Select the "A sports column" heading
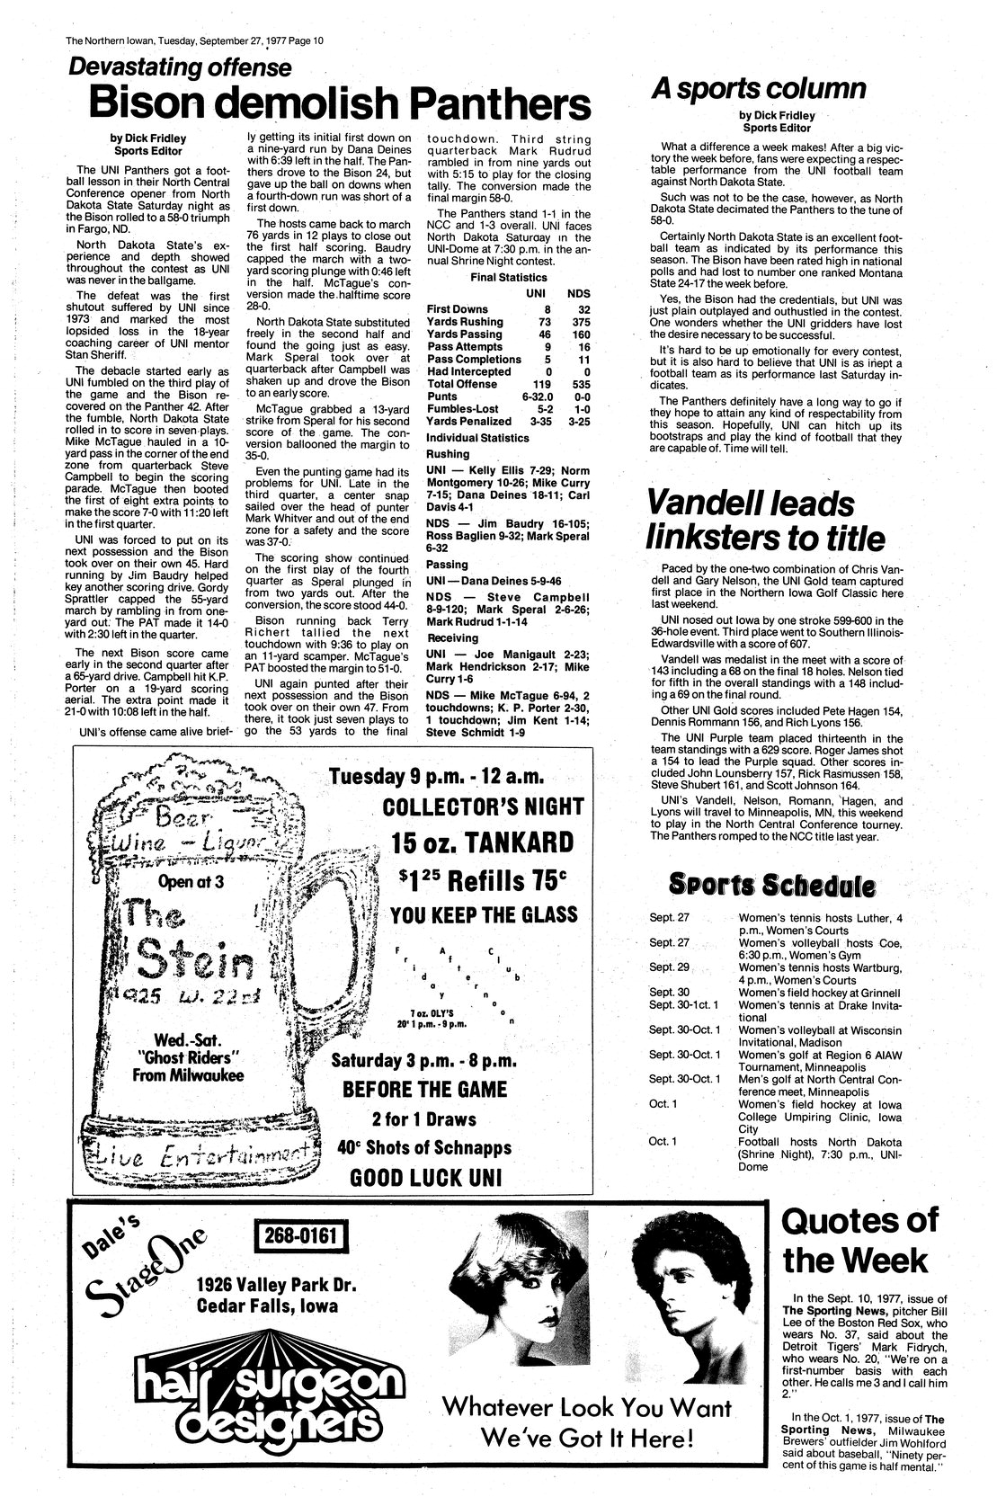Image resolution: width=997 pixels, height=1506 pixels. pyautogui.click(x=757, y=88)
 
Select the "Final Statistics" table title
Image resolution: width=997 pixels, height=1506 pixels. pyautogui.click(x=508, y=277)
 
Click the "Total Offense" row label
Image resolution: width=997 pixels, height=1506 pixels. pyautogui.click(x=461, y=384)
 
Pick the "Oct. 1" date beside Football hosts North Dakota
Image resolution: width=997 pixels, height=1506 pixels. pyautogui.click(x=659, y=1141)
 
